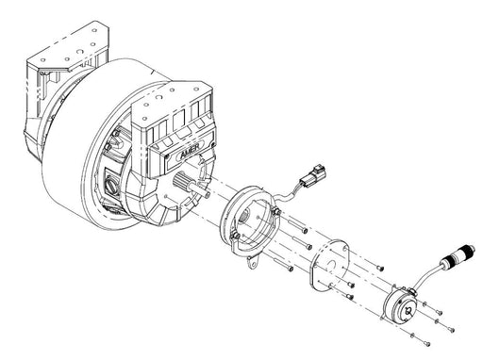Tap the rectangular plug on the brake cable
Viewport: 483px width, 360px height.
click(x=312, y=174)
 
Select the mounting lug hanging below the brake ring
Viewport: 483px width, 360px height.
click(x=253, y=263)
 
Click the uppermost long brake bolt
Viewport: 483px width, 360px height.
click(x=297, y=226)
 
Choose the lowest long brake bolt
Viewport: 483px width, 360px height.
click(x=283, y=264)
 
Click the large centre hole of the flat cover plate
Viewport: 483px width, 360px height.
click(x=330, y=264)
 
